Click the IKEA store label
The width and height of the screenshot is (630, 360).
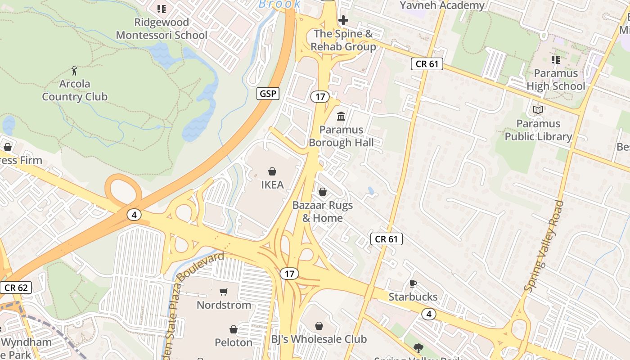[x=272, y=184]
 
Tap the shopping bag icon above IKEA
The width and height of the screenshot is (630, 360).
[x=272, y=171]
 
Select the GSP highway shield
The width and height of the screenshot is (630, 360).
[x=268, y=94]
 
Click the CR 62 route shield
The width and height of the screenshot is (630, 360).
[x=16, y=288]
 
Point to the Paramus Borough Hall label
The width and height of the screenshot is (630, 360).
[x=341, y=136]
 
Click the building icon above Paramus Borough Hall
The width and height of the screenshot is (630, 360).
[x=341, y=116]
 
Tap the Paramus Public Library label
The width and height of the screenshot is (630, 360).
[x=538, y=130]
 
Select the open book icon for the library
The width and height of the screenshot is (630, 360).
[x=538, y=110]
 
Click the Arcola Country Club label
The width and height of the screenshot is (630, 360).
[x=75, y=90]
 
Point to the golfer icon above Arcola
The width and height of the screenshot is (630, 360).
[x=75, y=71]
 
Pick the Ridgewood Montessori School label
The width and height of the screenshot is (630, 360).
[x=162, y=28]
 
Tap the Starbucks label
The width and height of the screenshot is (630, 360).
[x=413, y=297]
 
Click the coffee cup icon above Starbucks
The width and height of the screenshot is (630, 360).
[x=413, y=283]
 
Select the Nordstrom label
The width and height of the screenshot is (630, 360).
[x=224, y=305]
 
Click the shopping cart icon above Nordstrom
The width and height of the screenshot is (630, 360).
[x=224, y=292]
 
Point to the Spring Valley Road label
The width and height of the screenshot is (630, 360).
[x=544, y=246]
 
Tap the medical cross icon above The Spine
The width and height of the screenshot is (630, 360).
[x=343, y=20]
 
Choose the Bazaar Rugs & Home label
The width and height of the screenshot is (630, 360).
[x=322, y=211]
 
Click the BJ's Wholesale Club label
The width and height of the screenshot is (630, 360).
[x=319, y=339]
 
